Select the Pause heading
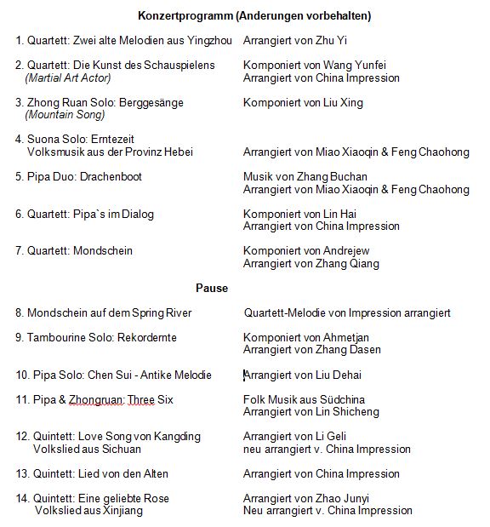(x=212, y=288)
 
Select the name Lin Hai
(x=339, y=215)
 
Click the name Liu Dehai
(x=330, y=375)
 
